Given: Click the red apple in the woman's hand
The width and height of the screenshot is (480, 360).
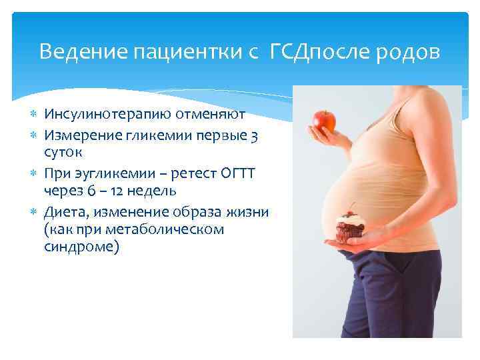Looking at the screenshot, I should coord(324,120).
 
